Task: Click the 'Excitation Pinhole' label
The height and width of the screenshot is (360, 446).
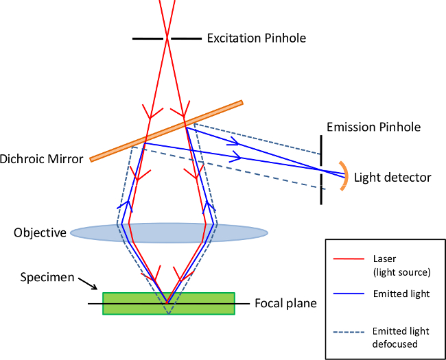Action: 257,38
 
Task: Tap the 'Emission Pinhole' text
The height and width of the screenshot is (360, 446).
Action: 373,127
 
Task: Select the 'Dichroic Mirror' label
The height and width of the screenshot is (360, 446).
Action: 42,158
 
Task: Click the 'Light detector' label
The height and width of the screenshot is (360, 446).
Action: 392,178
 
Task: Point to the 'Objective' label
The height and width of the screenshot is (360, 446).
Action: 40,233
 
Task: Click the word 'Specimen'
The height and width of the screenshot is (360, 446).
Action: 47,277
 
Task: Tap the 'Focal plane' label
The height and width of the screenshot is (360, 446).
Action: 285,303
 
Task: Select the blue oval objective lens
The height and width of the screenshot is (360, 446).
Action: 169,233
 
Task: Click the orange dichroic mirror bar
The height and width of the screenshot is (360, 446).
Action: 167,131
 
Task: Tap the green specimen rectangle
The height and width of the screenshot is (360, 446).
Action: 169,303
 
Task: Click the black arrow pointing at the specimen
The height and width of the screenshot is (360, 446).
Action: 89,284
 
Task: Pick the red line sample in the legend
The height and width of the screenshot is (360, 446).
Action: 349,259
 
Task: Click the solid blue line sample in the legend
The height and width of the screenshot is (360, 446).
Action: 349,293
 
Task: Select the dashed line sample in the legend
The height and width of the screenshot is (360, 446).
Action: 349,332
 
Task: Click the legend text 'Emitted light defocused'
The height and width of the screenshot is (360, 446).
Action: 401,337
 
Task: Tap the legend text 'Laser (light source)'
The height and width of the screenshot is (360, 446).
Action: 401,265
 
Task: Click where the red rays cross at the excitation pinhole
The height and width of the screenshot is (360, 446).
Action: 167,38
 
